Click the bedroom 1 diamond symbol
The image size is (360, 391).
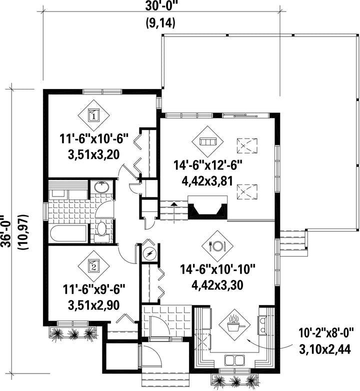click(93, 115)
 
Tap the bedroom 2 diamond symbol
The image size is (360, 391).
click(93, 266)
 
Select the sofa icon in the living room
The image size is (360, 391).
click(207, 141)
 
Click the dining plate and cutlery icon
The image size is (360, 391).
click(217, 246)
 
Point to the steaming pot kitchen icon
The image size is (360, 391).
click(234, 325)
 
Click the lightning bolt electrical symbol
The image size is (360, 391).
click(149, 253)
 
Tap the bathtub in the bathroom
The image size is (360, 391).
click(68, 233)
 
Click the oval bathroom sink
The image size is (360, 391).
click(101, 187)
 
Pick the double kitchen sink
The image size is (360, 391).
click(234, 360)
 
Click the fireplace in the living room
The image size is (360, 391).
click(207, 207)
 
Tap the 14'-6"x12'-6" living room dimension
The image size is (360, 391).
click(208, 165)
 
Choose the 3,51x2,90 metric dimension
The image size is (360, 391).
click(93, 305)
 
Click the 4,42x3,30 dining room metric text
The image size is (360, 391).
click(217, 285)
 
